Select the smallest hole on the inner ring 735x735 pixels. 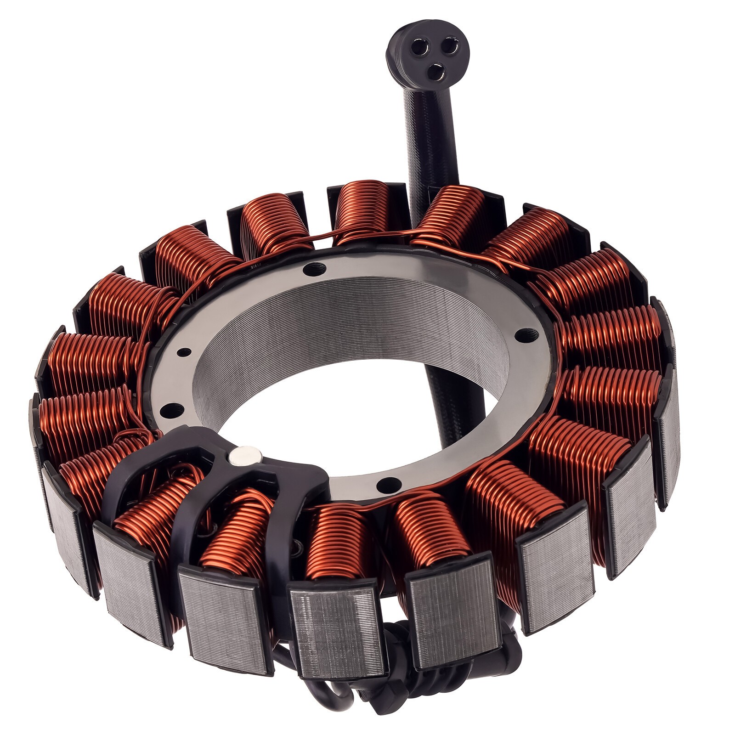click(x=184, y=352)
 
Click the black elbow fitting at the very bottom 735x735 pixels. click(x=390, y=689)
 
